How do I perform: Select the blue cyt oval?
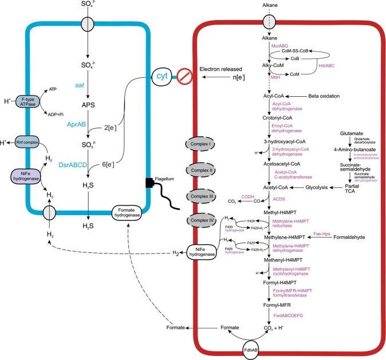click(160, 75)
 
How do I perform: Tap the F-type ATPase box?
click(26, 103)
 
